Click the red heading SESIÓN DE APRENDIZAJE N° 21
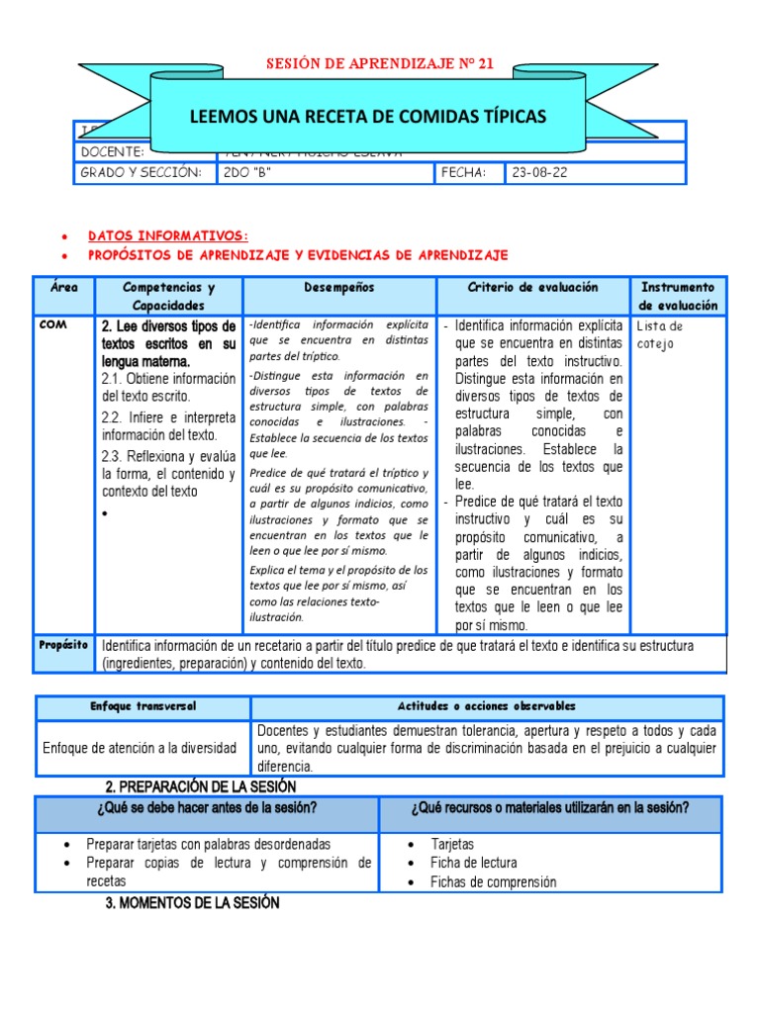click(380, 64)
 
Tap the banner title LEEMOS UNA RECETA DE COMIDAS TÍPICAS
click(367, 118)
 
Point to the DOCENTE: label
click(113, 152)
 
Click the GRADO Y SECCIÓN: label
click(142, 173)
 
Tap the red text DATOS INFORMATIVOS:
click(168, 235)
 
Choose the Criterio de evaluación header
click(532, 287)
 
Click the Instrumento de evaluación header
click(678, 296)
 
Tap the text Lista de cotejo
click(660, 334)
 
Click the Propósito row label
click(64, 645)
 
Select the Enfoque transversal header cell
click(143, 706)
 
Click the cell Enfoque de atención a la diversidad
click(140, 748)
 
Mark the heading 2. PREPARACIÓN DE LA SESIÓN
click(201, 786)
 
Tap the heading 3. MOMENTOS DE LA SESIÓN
click(192, 902)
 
